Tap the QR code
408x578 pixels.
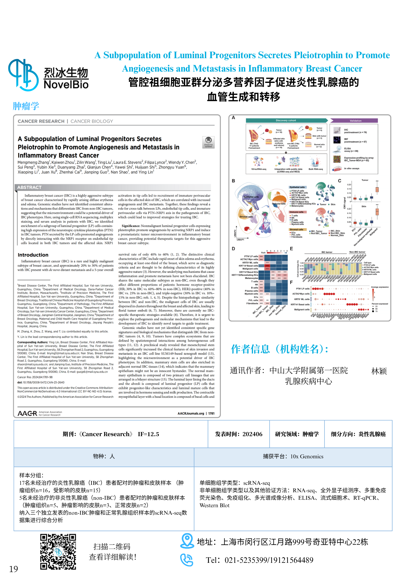coord(58,551)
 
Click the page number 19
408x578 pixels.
coord(13,569)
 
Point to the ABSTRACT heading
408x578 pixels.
coord(29,187)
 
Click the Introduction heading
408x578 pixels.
coord(33,255)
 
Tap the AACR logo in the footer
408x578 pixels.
coord(27,413)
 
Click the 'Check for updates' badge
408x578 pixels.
coord(208,142)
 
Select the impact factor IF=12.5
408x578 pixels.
coord(148,434)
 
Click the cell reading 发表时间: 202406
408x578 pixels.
coord(239,434)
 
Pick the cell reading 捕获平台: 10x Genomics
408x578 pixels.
coord(293,456)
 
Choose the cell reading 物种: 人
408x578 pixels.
coord(104,456)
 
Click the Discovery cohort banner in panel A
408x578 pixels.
coord(286,120)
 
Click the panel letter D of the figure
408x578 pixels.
coord(233,249)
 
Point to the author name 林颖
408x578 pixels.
coord(379,371)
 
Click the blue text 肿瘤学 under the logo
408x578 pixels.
coord(26,106)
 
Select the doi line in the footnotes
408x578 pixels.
coord(41,382)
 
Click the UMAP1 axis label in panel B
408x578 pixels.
coord(240,240)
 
